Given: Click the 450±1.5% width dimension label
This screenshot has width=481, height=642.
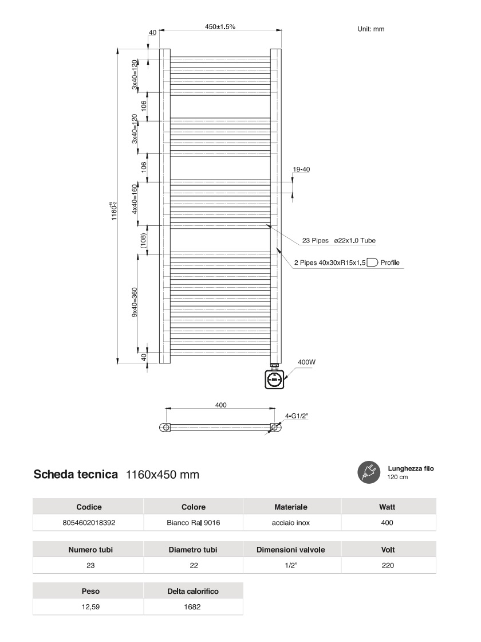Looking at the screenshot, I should [x=220, y=26].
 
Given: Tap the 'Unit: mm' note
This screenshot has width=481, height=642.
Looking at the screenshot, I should [x=371, y=29].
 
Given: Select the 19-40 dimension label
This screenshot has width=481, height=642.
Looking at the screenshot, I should [x=301, y=170].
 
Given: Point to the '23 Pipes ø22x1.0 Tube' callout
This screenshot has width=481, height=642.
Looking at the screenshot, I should [x=338, y=241].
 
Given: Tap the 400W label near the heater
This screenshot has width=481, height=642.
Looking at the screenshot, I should [x=306, y=362].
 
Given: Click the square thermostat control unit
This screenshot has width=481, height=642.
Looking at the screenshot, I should [x=274, y=378].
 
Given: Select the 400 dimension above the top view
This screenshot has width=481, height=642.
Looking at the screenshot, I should [x=220, y=405].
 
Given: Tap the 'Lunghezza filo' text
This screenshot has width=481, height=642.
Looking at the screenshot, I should [x=411, y=468].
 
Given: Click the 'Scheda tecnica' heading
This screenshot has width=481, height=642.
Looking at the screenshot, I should [x=76, y=475].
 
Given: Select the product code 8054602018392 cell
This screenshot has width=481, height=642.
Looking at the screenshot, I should [x=88, y=523].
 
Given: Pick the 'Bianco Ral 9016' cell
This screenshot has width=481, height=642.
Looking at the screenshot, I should [x=194, y=523].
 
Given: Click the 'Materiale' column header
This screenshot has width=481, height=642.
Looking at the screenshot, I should [x=291, y=507].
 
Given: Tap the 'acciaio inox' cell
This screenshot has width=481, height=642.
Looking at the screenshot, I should [x=291, y=523].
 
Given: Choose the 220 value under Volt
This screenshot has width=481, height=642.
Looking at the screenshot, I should [x=388, y=566].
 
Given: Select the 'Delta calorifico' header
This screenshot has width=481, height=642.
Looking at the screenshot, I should [x=193, y=591].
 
